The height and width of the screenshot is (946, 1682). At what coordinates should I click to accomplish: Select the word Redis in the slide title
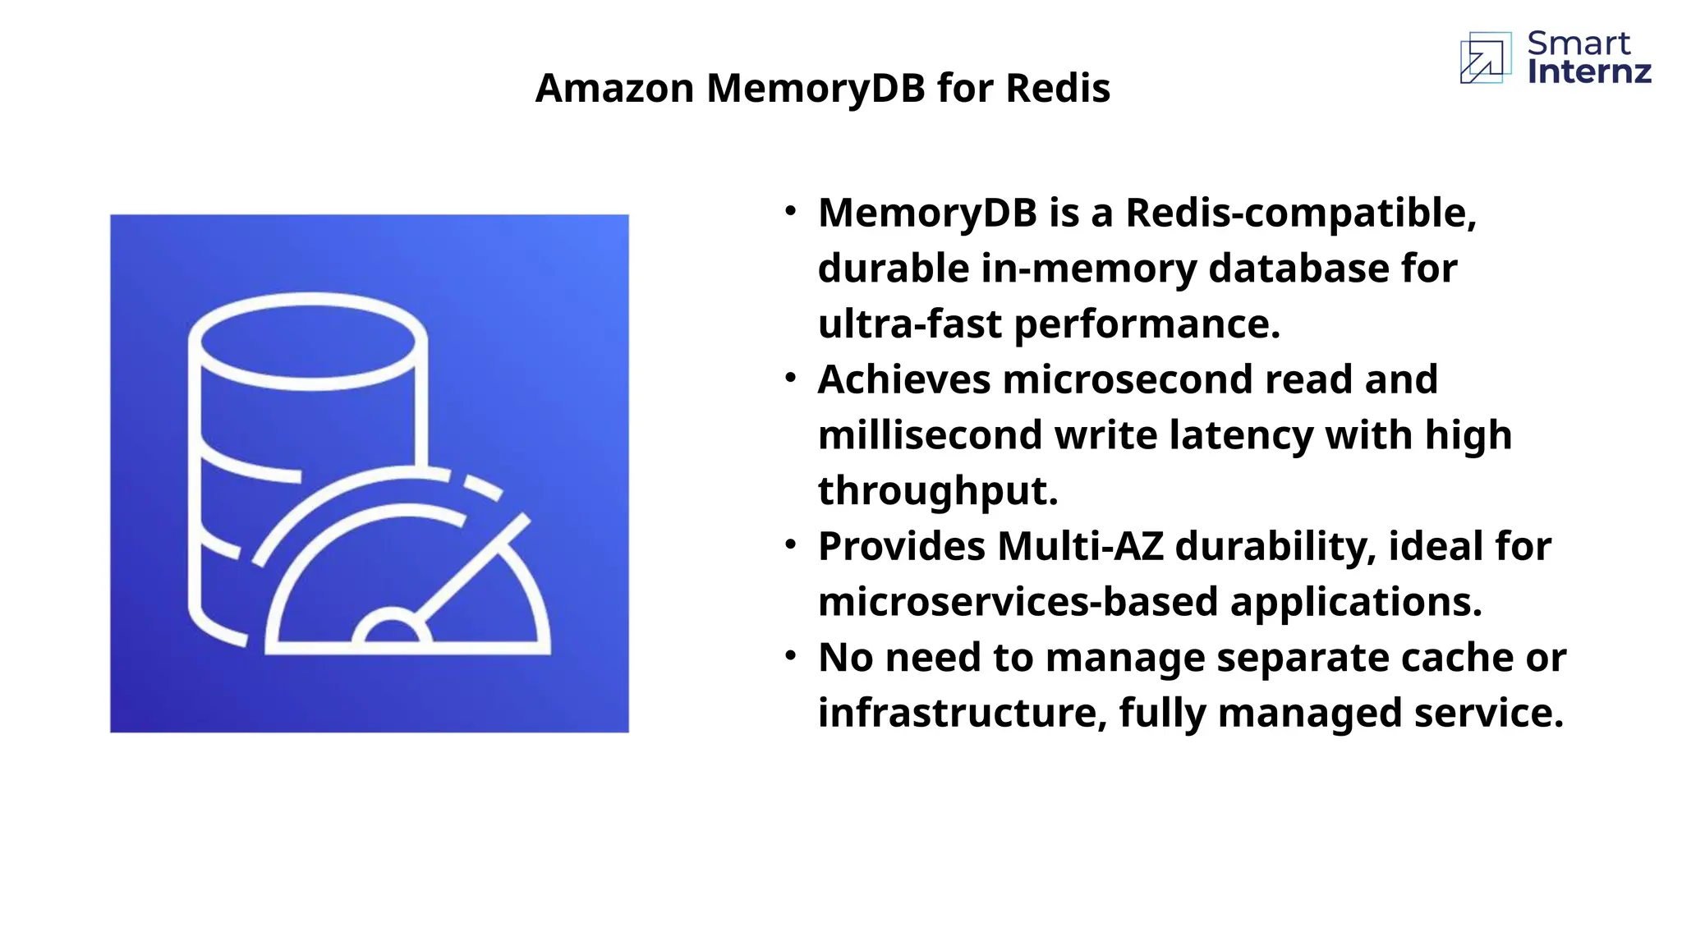(1058, 88)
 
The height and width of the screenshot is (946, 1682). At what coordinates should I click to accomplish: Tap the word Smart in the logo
(1579, 43)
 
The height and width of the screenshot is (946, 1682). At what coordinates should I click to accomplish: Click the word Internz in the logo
(1589, 72)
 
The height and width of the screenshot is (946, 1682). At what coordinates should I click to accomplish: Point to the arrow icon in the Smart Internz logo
(1485, 58)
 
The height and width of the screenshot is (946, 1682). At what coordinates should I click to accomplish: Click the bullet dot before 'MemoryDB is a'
(790, 211)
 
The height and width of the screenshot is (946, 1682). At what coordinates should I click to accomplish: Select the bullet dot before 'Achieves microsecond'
(790, 378)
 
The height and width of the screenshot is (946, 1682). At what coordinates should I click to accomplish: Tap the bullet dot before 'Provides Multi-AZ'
(790, 544)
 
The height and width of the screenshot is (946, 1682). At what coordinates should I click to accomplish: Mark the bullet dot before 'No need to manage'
(790, 655)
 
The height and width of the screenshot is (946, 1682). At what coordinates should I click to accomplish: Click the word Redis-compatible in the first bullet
(1300, 213)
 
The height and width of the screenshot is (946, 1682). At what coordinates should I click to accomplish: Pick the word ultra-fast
(909, 324)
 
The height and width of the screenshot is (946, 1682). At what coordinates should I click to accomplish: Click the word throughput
(937, 490)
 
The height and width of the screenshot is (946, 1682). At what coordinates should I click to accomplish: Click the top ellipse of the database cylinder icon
(307, 341)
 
